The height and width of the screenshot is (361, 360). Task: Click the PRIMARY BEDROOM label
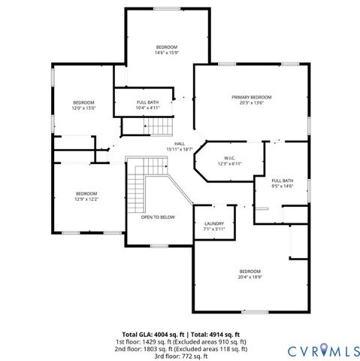coord(251,98)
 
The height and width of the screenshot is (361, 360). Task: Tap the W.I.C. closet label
coord(230,158)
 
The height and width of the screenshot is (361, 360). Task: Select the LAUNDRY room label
coord(214,223)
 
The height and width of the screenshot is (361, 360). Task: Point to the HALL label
coord(180,144)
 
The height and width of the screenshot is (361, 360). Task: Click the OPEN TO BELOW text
coord(158,217)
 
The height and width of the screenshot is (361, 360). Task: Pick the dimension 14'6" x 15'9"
coord(166,53)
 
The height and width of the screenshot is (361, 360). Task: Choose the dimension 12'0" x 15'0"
coord(83,108)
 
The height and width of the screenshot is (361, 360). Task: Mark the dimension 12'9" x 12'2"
coord(86,199)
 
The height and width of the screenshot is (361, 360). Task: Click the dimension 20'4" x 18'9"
coord(250,277)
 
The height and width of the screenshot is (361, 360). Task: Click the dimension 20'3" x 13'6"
coord(251,104)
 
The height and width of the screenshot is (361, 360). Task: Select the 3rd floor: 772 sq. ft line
coord(180,356)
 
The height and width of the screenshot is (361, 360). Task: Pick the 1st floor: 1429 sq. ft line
coord(180,341)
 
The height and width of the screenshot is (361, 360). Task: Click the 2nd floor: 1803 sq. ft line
coord(180,349)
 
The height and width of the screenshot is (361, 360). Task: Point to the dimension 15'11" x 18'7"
coord(180,149)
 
